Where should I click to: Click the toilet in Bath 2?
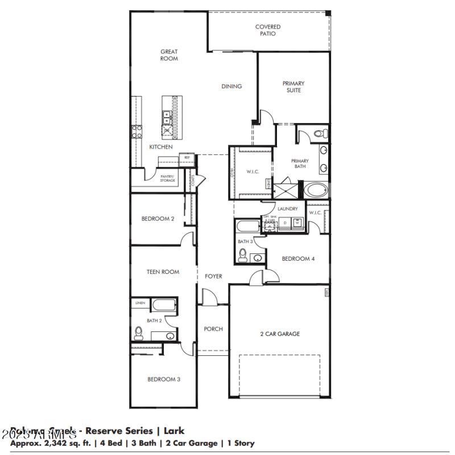(x=138, y=331)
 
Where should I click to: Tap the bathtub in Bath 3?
(x=247, y=227)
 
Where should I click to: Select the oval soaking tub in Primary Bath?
(x=316, y=190)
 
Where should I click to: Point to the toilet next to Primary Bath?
(x=320, y=134)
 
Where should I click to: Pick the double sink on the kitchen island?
(x=168, y=118)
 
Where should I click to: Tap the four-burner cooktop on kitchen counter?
(x=137, y=132)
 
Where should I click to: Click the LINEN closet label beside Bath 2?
(x=140, y=304)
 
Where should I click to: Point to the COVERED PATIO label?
(x=267, y=30)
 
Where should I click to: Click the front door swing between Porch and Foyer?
(x=210, y=297)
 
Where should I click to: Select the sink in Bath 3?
(x=258, y=258)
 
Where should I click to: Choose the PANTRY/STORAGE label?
(x=167, y=179)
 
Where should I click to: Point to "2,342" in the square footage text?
(x=52, y=443)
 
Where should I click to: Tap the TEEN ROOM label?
(x=163, y=272)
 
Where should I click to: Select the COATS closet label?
(x=193, y=181)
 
